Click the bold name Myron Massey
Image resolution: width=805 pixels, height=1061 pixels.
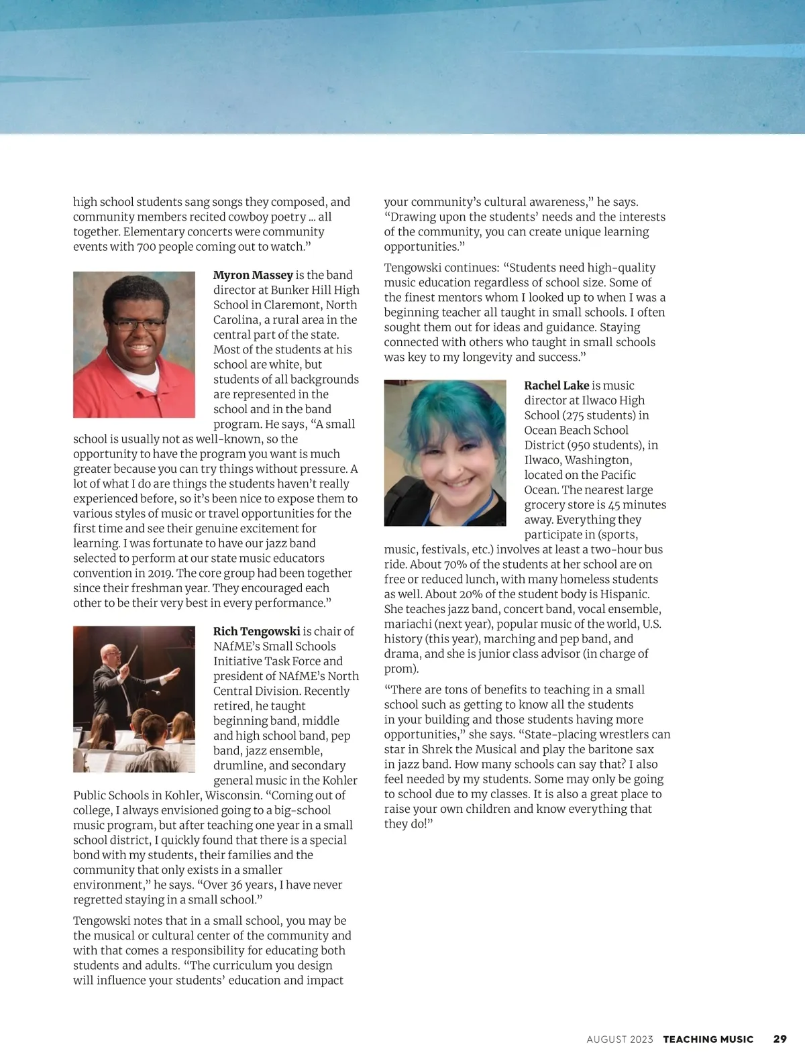(253, 275)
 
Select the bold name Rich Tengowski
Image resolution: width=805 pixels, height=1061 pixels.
(256, 631)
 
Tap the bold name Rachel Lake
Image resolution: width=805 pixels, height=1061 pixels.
(556, 386)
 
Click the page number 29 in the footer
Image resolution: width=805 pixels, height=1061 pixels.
(780, 1039)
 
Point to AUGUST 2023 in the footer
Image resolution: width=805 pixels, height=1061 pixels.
(619, 1040)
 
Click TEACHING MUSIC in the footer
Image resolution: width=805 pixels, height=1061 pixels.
(708, 1040)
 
